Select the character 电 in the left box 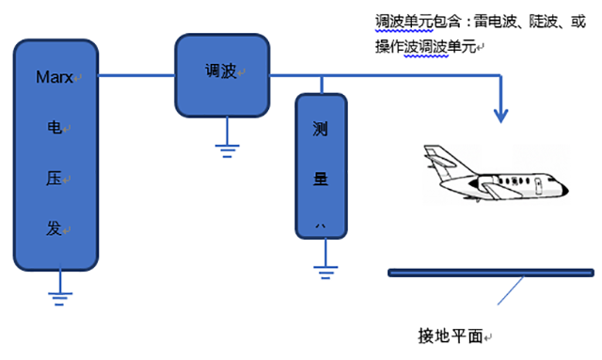pos(55,126)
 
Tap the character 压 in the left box pos(55,177)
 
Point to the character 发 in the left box pos(55,228)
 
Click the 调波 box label pos(221,71)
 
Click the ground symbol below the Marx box pos(60,297)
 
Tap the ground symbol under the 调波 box pos(226,147)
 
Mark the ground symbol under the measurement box pos(325,274)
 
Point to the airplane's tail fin pos(435,154)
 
